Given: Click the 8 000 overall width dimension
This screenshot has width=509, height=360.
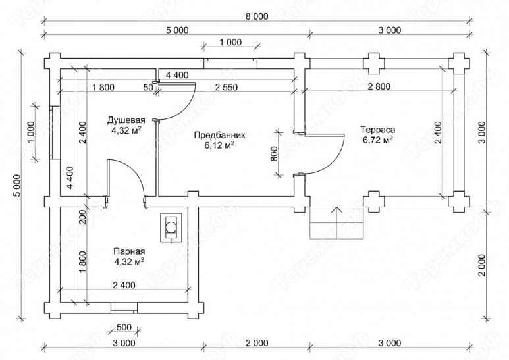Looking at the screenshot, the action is [257, 16].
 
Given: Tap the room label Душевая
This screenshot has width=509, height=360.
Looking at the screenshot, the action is [126, 120].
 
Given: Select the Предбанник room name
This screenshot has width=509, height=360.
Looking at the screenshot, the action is [219, 135].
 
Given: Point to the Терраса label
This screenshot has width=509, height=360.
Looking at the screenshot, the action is [378, 130].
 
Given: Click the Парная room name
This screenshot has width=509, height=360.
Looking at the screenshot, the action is [129, 251].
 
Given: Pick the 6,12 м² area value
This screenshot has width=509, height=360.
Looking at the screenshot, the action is [219, 145].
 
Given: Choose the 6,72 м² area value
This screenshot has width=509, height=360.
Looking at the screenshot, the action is [378, 140].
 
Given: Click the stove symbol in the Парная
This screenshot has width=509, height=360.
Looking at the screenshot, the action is [171, 227].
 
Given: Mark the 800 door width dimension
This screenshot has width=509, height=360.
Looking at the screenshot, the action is [274, 154].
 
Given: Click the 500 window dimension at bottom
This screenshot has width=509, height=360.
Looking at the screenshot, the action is [124, 327].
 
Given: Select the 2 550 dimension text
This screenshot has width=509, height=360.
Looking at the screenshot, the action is [226, 87].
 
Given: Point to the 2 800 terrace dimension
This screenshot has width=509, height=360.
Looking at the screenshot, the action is [379, 86].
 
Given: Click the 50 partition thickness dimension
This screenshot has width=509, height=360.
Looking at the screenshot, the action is [148, 87].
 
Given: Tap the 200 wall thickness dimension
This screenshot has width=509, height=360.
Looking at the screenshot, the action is [82, 217].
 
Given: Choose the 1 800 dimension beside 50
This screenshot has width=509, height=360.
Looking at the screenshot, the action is [103, 87].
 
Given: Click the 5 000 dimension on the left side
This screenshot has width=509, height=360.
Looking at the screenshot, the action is [17, 186].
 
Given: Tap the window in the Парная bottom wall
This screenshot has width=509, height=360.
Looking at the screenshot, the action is [124, 307].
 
